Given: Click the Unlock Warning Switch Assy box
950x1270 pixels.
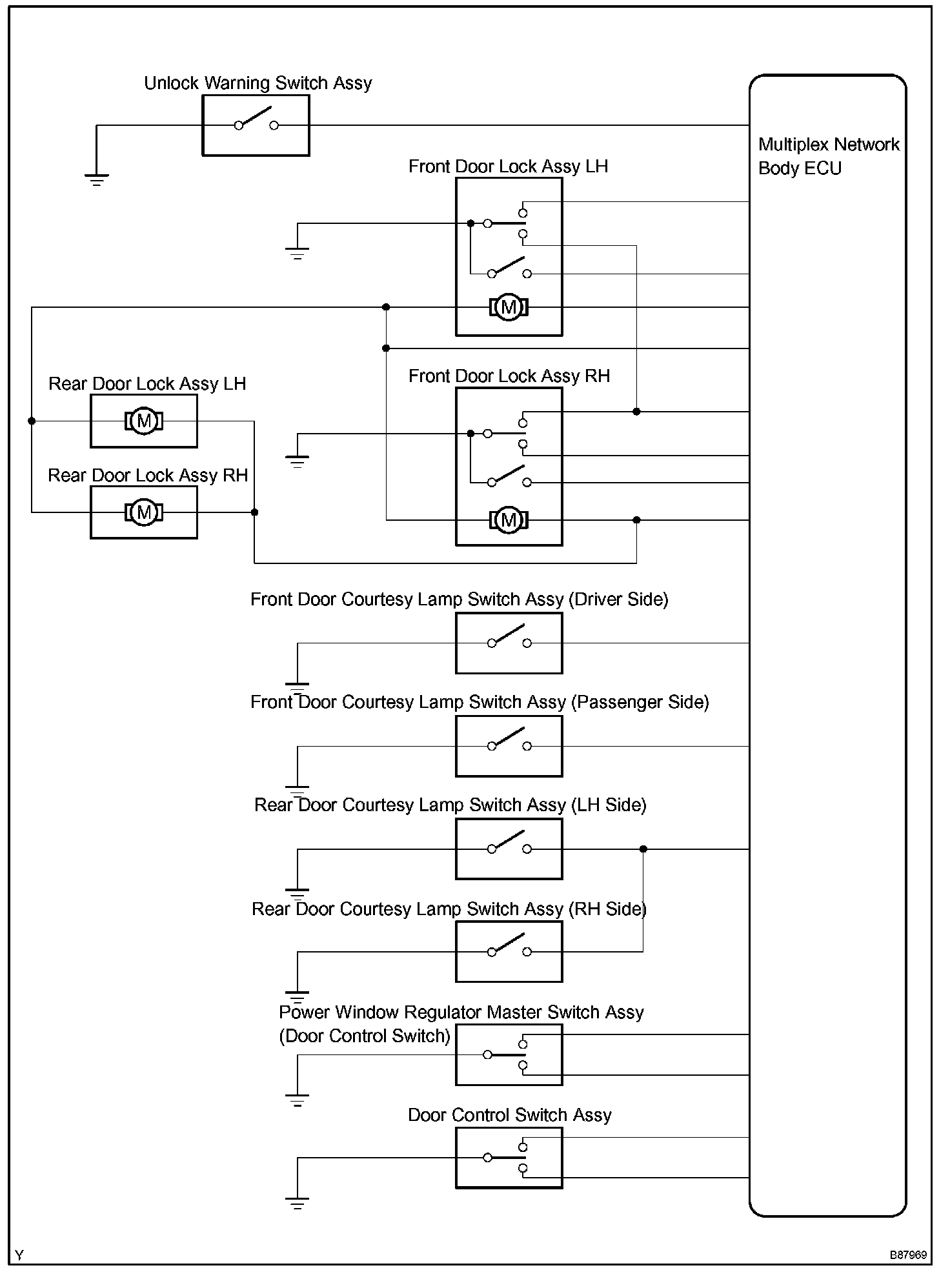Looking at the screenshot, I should point(256,125).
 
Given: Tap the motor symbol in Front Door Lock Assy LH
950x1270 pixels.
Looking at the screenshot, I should point(509,307).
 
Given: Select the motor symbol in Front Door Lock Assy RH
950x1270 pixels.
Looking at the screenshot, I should point(509,519).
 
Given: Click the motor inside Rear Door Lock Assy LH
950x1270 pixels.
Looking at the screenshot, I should point(144,421).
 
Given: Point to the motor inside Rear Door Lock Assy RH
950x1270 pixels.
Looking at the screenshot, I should point(144,512).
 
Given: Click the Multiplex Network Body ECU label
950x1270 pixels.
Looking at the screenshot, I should point(828,156).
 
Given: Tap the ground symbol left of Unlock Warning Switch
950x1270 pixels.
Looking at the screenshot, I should point(96,179).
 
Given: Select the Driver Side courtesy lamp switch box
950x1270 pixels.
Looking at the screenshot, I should point(509,643).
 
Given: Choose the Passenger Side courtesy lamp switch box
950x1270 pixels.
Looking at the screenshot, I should point(509,746).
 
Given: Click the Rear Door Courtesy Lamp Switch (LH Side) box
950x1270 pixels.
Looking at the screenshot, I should point(509,849).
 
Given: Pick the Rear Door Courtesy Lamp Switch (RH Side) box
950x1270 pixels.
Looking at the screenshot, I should point(509,951).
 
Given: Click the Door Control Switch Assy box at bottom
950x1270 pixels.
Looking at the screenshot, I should point(509,1158).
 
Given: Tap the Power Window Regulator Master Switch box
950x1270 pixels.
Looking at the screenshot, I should point(509,1055).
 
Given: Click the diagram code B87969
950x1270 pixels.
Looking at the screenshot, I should point(908,1255).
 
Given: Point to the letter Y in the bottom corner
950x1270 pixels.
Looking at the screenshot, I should point(19,1255).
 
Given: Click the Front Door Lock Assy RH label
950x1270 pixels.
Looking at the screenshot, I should point(509,376).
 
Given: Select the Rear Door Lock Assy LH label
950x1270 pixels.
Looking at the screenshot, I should point(147,384).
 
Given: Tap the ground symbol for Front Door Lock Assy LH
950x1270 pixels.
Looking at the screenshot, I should point(297,252).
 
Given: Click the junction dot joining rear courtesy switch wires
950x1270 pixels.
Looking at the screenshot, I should point(643,849).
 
